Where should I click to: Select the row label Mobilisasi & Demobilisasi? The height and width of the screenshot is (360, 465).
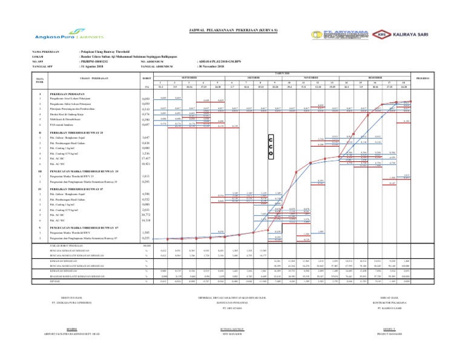pyautogui.click(x=82, y=119)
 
